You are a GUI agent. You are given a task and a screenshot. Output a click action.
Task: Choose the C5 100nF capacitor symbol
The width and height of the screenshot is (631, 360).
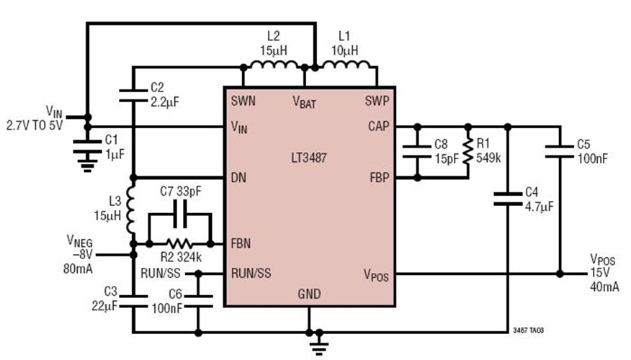point(560,150)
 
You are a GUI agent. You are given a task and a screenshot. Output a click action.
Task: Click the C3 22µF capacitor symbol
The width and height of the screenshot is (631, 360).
point(133,299)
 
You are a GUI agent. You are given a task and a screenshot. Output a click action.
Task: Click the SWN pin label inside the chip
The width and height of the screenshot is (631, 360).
point(243,102)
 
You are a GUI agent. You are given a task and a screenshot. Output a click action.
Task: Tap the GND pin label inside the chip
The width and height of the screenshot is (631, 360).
point(309,294)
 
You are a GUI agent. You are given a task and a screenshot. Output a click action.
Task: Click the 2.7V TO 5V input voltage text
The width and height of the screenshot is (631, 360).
point(35,125)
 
